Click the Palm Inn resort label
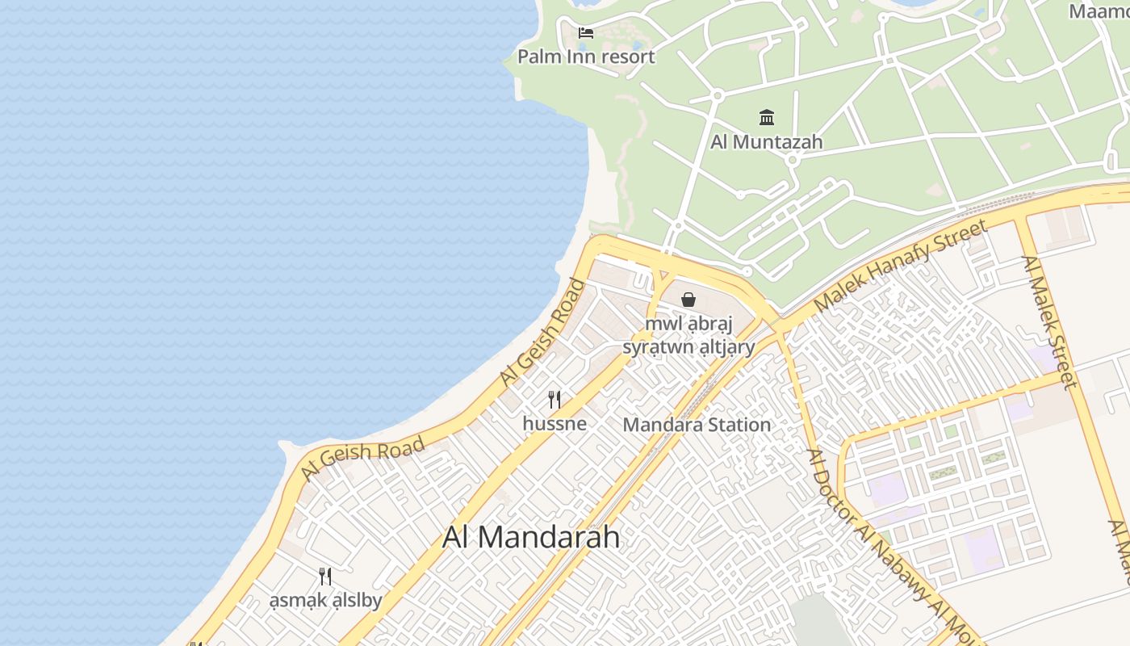tap(586, 57)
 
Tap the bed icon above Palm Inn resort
tap(586, 33)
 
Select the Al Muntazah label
tap(766, 141)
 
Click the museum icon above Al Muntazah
tap(767, 118)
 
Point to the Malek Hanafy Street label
tap(900, 266)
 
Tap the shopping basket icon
tap(688, 300)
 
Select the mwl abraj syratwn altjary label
tap(688, 336)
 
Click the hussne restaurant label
tap(555, 423)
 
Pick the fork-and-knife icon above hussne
tap(555, 399)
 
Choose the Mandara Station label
tap(697, 425)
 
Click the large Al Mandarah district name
tap(531, 537)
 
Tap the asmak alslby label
tap(325, 601)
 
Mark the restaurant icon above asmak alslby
tap(325, 576)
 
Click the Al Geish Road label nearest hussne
tap(542, 332)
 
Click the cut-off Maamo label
tap(1099, 11)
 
